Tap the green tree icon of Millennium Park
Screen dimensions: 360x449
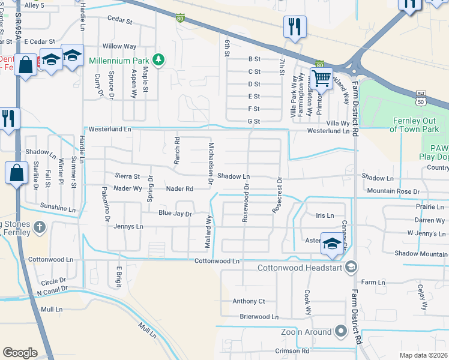[x=158, y=59]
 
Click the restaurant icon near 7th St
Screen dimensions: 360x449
[x=295, y=27]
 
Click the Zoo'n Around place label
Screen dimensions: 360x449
[x=306, y=332]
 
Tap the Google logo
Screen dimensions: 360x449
[x=20, y=353]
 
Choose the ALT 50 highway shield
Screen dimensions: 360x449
[x=422, y=96]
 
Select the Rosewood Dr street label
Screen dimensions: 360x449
[x=245, y=203]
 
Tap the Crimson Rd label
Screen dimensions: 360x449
[x=292, y=351]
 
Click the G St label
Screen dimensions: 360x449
[x=254, y=122]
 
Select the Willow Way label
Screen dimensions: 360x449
[x=119, y=46]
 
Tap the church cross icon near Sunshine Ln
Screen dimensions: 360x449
[x=39, y=227]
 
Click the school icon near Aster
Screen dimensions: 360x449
[x=331, y=243]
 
